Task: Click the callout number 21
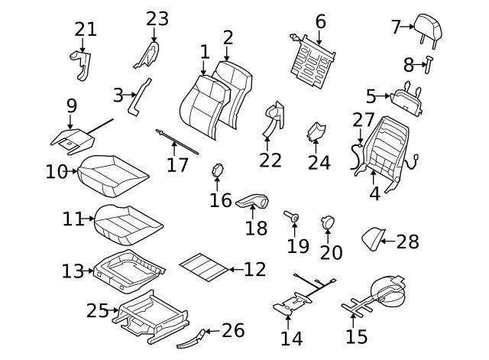86,30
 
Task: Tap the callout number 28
407,242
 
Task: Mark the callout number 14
291,338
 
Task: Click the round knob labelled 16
217,170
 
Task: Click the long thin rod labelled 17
177,142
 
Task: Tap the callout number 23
157,18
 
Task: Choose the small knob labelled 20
329,222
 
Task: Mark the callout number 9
71,105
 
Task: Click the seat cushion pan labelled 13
128,268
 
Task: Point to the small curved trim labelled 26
196,335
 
